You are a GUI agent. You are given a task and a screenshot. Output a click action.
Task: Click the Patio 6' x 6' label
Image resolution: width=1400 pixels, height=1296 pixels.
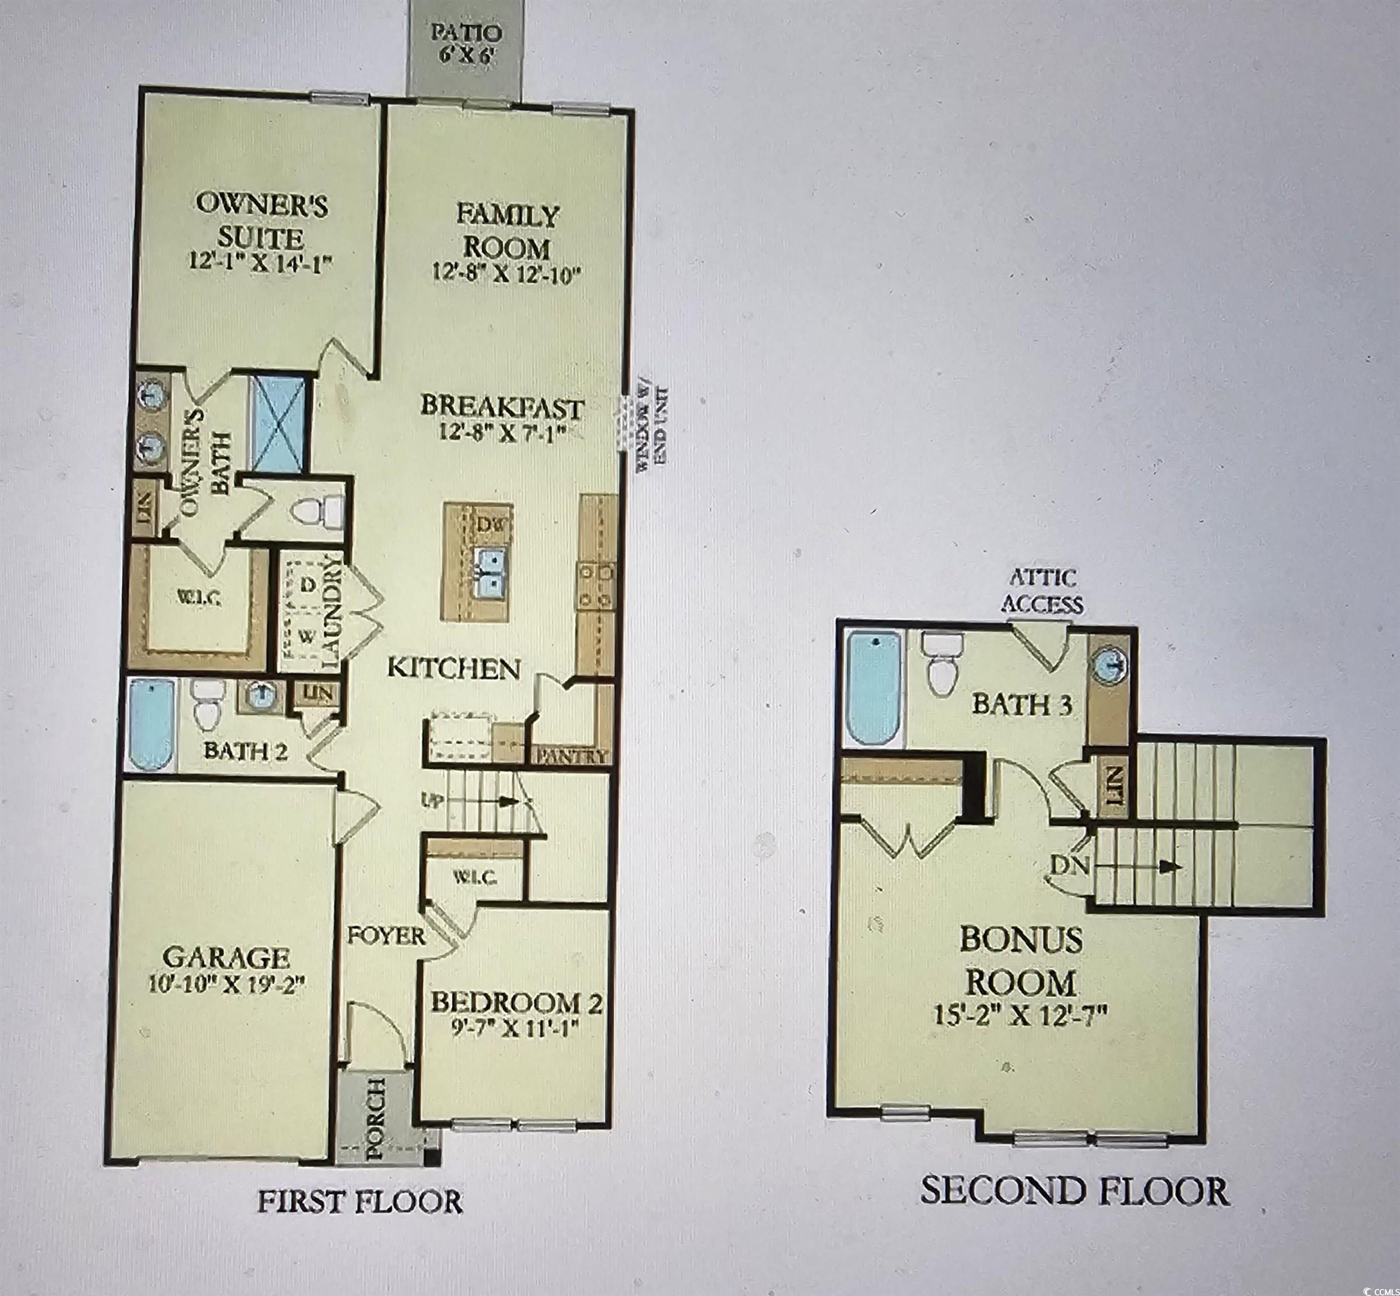pyautogui.click(x=466, y=43)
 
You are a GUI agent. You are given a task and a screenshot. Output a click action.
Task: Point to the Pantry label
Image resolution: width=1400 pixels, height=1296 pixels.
pyautogui.click(x=570, y=757)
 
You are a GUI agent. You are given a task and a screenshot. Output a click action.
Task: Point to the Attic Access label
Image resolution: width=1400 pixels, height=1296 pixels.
pyautogui.click(x=1042, y=591)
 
